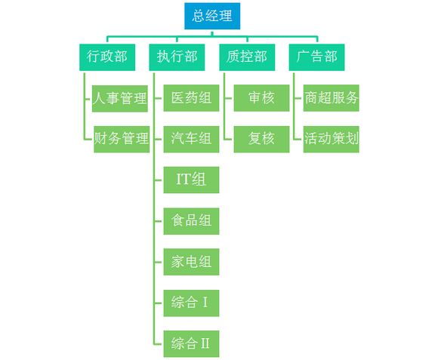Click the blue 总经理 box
click(x=212, y=16)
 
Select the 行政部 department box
click(x=107, y=57)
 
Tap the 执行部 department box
click(x=177, y=57)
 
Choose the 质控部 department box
click(x=247, y=57)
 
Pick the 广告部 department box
click(x=316, y=57)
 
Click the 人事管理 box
click(x=120, y=99)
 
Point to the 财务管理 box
click(x=122, y=140)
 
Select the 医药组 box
click(x=191, y=98)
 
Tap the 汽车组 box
click(x=191, y=140)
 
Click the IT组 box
click(x=191, y=180)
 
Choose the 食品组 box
click(x=191, y=221)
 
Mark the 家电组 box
click(x=191, y=262)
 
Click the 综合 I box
click(x=191, y=303)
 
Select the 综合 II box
click(x=191, y=344)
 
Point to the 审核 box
click(x=261, y=98)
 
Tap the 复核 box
click(x=261, y=140)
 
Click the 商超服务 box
click(x=332, y=98)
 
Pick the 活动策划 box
click(x=332, y=140)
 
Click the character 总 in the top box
click(x=199, y=16)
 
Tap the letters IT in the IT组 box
click(x=183, y=179)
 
